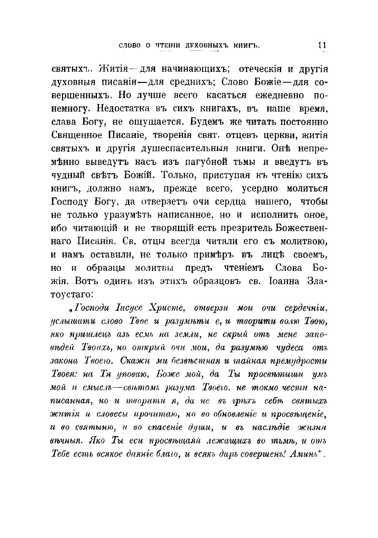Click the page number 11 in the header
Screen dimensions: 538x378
pos(322,45)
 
